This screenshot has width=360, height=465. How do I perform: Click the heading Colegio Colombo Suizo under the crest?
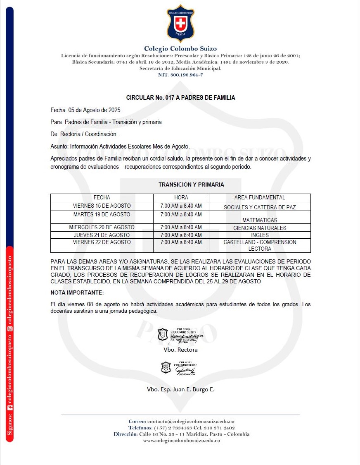(x=180, y=49)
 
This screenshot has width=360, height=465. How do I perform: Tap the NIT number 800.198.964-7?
(x=180, y=75)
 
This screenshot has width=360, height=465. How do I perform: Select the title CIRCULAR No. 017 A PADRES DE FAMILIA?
(x=180, y=98)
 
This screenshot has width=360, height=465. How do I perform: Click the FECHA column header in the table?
(x=102, y=198)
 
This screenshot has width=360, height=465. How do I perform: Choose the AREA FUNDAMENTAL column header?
(x=260, y=198)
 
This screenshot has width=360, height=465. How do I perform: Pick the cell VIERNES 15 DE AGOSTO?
(x=102, y=206)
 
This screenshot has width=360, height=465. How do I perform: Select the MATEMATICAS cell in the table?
(x=260, y=220)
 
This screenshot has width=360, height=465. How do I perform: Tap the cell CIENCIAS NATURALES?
(x=260, y=228)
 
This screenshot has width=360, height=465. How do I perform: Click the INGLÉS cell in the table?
(x=260, y=235)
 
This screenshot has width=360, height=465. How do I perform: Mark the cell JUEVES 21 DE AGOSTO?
(x=102, y=235)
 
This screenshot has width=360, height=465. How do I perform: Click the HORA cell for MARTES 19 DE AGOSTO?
(x=181, y=215)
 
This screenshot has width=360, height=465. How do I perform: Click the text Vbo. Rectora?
(x=180, y=350)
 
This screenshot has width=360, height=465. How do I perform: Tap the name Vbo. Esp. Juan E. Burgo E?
(x=180, y=389)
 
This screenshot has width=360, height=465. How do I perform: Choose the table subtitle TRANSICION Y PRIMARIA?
(x=191, y=185)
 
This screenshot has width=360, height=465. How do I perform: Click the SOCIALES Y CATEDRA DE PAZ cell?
(x=260, y=207)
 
